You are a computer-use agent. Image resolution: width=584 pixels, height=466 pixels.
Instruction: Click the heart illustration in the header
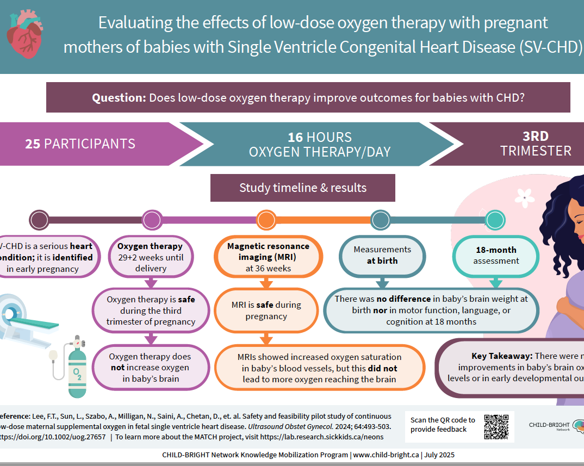tap(24, 35)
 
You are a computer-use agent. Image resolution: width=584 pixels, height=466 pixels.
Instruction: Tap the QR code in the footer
tap(496, 426)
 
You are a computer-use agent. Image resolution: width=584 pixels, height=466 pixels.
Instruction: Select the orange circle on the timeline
tap(266, 220)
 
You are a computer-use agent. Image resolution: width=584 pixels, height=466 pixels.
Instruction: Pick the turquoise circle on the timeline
tap(495, 220)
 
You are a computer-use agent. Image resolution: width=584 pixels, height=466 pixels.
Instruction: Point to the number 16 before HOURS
tap(295, 138)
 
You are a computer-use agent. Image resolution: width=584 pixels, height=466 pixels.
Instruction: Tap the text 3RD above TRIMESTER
tap(536, 136)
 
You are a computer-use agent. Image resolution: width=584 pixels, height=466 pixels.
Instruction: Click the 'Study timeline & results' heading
tap(303, 188)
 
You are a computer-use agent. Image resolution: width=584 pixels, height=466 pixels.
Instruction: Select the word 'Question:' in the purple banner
tap(119, 98)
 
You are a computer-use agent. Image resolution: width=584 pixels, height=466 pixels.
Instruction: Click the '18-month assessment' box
tap(495, 256)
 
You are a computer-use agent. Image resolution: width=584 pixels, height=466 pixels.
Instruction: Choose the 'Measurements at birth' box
tap(382, 255)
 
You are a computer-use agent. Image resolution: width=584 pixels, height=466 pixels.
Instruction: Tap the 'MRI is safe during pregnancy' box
tap(266, 310)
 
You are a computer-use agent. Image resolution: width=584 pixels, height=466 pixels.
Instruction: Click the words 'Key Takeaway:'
tap(502, 356)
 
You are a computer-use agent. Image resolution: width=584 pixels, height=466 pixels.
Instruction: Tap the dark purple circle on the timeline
tap(39, 220)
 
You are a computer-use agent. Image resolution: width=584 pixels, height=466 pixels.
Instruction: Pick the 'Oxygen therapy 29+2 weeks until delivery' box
tap(151, 257)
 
